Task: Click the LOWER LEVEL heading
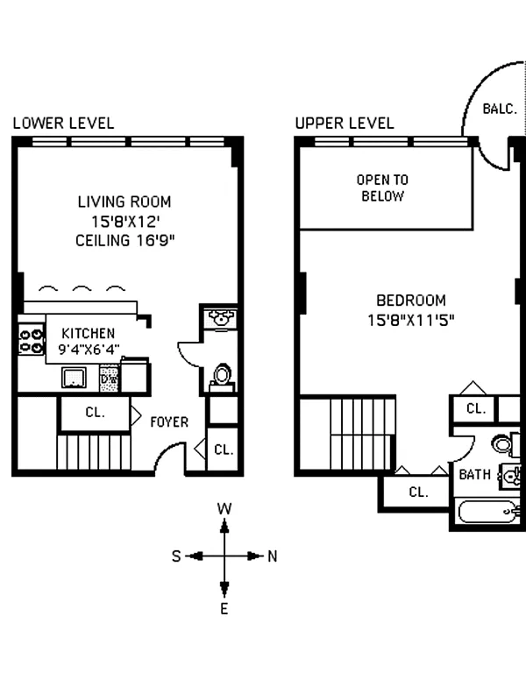(x=63, y=124)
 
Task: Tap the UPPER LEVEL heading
(x=345, y=124)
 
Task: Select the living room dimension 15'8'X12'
(x=125, y=222)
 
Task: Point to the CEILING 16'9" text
(x=125, y=241)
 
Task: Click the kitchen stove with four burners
(x=32, y=341)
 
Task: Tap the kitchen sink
(x=74, y=378)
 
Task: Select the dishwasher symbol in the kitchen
(x=109, y=379)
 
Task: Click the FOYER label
(x=169, y=422)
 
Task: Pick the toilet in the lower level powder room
(x=222, y=377)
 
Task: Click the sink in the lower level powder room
(x=221, y=318)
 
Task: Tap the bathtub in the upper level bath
(x=489, y=512)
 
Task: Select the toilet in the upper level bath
(x=506, y=444)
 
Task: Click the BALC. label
(x=500, y=109)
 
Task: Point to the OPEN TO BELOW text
(x=382, y=188)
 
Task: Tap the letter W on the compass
(x=224, y=509)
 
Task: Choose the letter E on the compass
(x=224, y=609)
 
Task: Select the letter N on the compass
(x=272, y=556)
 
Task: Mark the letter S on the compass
(x=176, y=556)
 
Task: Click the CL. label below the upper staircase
(x=418, y=492)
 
